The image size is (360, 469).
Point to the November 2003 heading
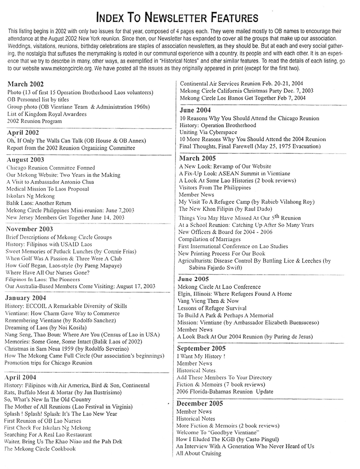31,229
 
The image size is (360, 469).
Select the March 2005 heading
197,158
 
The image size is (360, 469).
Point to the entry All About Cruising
199,453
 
